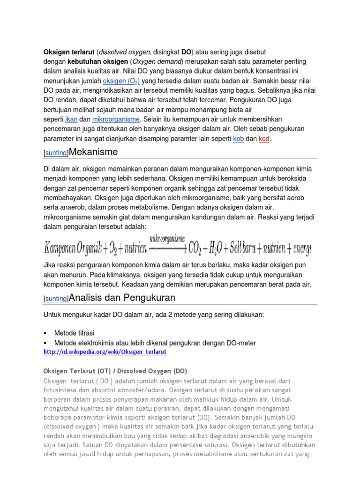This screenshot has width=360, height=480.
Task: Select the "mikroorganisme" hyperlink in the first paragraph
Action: [116, 119]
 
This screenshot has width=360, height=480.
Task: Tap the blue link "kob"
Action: [238, 139]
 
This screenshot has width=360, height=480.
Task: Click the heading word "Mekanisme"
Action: [93, 152]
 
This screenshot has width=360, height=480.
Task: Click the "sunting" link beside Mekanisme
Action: [56, 153]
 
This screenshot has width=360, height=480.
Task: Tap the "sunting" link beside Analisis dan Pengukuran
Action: [56, 299]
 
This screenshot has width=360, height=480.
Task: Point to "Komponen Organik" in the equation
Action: [71, 247]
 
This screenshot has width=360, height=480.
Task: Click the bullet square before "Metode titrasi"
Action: [45, 333]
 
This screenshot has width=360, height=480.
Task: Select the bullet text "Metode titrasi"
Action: [74, 333]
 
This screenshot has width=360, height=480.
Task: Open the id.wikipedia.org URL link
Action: [105, 352]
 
